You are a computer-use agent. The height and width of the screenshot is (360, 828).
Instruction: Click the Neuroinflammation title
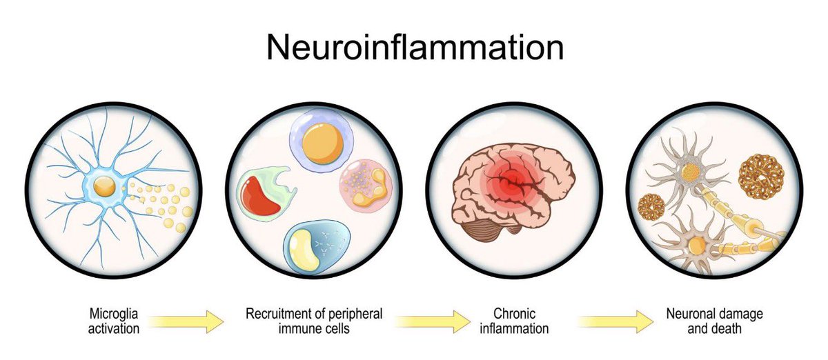[x=415, y=48]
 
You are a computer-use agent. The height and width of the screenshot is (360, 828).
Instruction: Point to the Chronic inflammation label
[x=515, y=321]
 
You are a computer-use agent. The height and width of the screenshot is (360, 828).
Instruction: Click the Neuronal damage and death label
[x=714, y=321]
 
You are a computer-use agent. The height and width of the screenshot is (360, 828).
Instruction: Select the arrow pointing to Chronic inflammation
[x=432, y=321]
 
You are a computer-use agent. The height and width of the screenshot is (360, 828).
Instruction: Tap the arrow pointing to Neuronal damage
[x=615, y=321]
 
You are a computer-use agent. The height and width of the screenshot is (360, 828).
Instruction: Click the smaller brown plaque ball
[x=651, y=206]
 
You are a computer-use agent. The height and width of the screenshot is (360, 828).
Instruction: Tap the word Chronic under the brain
[x=515, y=314]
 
